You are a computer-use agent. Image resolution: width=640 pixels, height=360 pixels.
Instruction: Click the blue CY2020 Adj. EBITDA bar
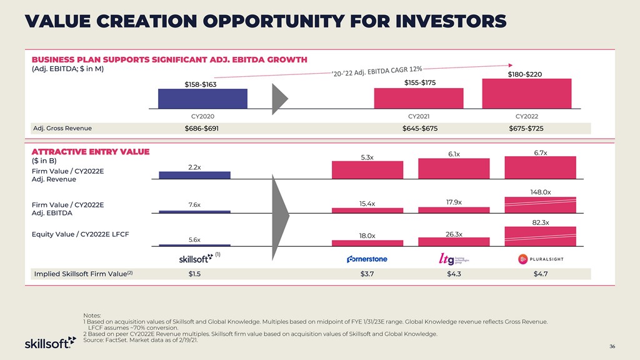[202, 99]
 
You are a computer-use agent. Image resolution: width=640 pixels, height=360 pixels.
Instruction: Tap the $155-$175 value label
[418, 82]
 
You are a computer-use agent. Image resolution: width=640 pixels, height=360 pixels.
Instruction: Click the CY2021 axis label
[418, 116]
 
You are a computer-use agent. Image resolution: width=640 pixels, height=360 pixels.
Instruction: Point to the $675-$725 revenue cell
[526, 129]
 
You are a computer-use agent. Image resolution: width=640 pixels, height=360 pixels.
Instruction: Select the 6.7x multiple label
[541, 152]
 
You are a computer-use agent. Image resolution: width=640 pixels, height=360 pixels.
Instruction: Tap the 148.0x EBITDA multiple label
[541, 192]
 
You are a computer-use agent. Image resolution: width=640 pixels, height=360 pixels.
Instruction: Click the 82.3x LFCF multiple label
[541, 222]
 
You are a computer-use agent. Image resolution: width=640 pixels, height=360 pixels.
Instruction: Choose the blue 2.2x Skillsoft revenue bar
[194, 175]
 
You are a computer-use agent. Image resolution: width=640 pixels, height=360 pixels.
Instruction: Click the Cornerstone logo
[367, 259]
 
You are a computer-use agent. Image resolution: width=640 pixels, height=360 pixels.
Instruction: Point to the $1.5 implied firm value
[194, 274]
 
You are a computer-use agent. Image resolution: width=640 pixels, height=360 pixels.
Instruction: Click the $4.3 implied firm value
[453, 274]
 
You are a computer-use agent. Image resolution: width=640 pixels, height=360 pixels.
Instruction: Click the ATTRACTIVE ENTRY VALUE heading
[91, 151]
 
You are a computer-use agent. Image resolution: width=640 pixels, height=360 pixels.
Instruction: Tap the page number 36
[612, 346]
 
